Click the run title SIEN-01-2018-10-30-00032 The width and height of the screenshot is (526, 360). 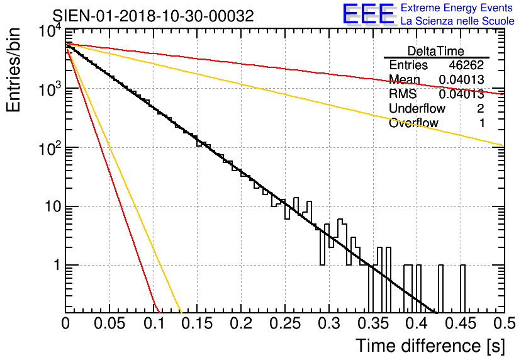pos(153,16)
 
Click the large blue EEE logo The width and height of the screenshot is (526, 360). pos(368,15)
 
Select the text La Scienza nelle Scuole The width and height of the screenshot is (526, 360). pos(457,21)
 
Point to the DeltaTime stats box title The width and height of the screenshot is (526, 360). pos(436,51)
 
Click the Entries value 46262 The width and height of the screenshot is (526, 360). pos(467,65)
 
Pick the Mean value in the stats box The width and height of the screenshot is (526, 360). pos(461,80)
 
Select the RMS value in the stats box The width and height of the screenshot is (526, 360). pos(461,94)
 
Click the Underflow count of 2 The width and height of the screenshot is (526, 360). pos(481,109)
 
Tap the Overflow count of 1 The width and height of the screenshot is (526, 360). pos(481,123)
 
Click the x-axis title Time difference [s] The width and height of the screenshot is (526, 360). pos(429,346)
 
